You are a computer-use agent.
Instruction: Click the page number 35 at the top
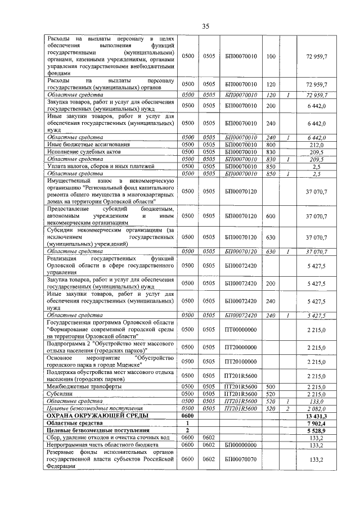click(x=206, y=25)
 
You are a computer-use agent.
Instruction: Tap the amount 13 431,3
click(x=316, y=415)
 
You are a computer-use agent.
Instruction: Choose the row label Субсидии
click(x=60, y=394)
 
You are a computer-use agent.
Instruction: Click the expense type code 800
click(x=271, y=145)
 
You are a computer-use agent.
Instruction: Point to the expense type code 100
click(x=271, y=57)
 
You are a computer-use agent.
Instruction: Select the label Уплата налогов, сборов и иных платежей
click(x=92, y=166)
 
